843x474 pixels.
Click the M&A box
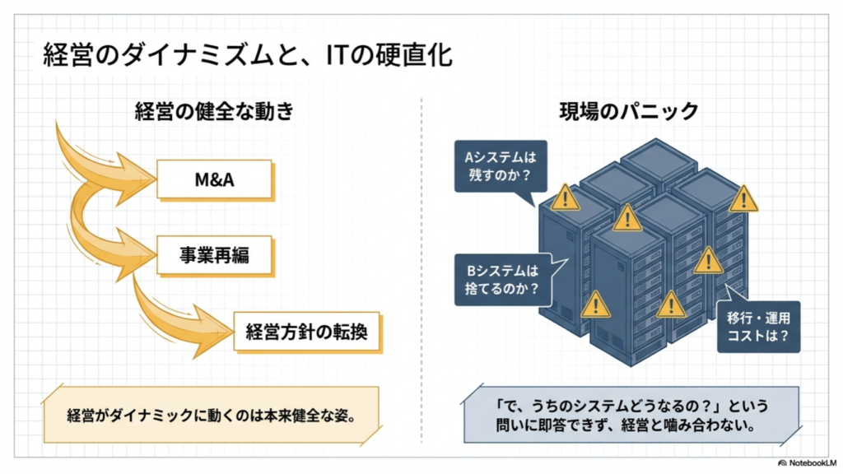coord(215,179)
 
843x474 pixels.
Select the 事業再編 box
coord(215,255)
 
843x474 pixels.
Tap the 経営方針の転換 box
coord(307,332)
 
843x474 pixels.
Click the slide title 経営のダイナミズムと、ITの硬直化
coord(247,55)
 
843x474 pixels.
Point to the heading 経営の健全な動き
coord(215,111)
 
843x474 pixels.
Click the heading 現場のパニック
coord(628,111)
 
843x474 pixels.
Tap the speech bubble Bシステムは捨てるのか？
coord(504,280)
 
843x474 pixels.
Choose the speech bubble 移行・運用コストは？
coord(758,326)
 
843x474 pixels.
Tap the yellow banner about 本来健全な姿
coord(212,415)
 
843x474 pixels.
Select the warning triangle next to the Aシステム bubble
coord(565,197)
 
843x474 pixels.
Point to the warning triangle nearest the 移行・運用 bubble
coord(708,261)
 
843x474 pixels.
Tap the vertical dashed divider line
coord(421,270)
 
